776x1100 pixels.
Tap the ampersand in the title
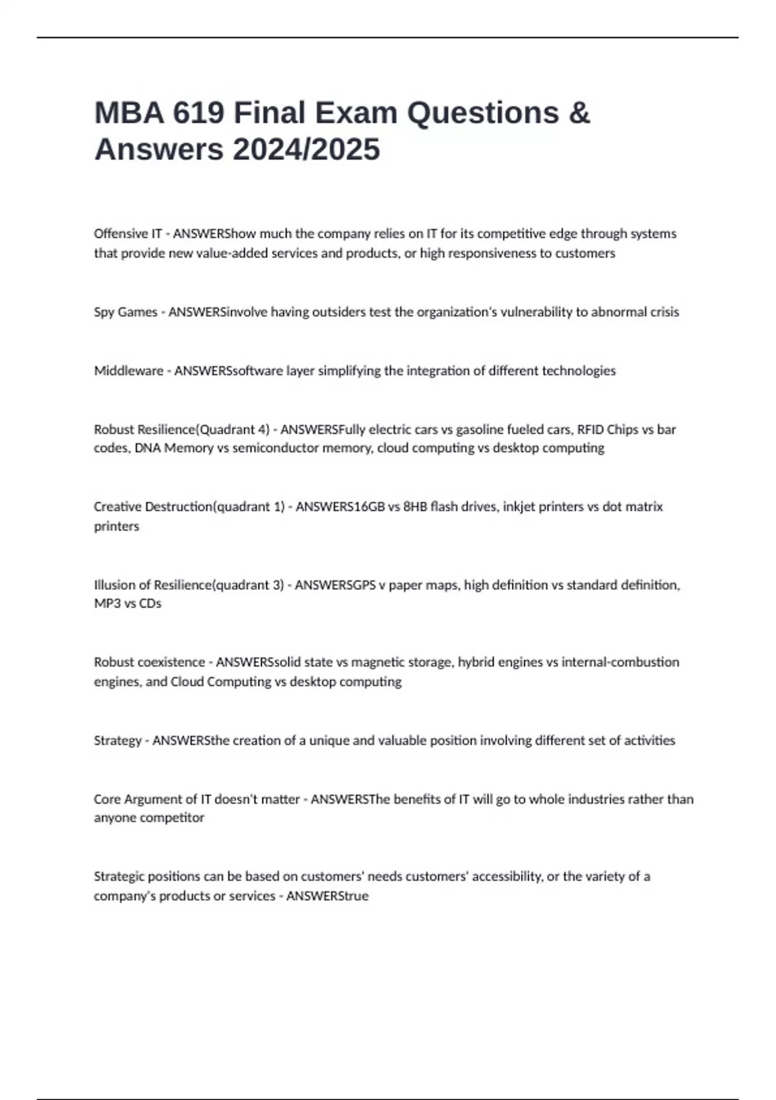point(579,113)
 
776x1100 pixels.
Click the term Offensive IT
point(127,234)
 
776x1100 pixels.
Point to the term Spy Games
point(125,312)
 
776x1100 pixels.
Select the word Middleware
point(128,371)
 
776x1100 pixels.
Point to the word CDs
point(150,604)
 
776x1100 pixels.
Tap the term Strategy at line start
point(117,740)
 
